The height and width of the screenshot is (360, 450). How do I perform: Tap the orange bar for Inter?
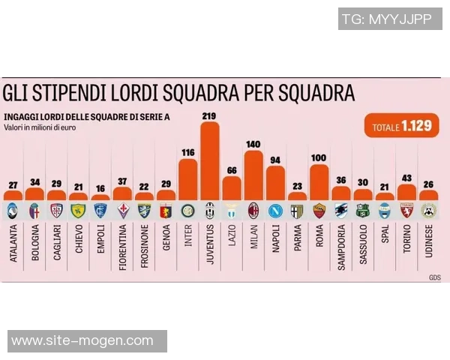(187, 179)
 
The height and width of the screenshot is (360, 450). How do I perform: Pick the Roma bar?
(319, 182)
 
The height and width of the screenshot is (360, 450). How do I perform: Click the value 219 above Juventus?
(209, 115)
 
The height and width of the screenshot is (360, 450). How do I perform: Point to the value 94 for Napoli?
(275, 160)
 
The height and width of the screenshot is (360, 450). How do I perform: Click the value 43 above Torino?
(406, 178)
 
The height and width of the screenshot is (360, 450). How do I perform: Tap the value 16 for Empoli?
(100, 189)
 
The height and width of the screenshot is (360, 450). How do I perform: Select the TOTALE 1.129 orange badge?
(401, 127)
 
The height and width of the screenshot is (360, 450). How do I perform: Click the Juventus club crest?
(210, 211)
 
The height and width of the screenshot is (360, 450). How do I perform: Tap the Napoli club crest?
(275, 211)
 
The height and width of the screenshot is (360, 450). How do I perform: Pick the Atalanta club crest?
(13, 211)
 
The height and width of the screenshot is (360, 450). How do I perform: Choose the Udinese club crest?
(428, 211)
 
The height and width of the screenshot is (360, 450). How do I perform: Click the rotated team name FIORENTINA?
(122, 246)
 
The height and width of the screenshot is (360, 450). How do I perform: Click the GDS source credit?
(435, 278)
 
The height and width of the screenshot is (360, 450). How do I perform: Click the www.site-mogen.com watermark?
(82, 341)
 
